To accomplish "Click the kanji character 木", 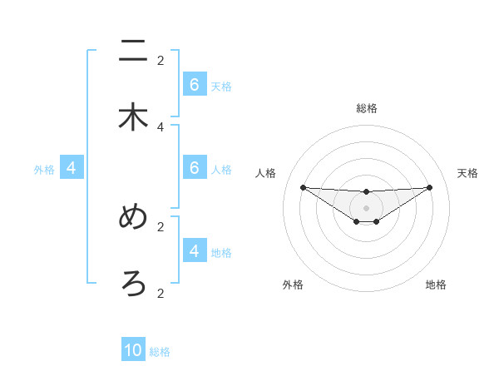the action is pyautogui.click(x=133, y=117).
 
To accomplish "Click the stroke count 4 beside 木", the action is pyautogui.click(x=161, y=126).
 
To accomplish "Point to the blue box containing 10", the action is pyautogui.click(x=133, y=350).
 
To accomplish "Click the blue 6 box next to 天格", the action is pyautogui.click(x=195, y=85).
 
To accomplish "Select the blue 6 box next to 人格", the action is pyautogui.click(x=195, y=168).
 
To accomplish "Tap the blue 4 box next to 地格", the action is pyautogui.click(x=195, y=250).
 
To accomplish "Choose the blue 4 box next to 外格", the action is pyautogui.click(x=72, y=168).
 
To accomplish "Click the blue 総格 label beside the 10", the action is pyautogui.click(x=160, y=352).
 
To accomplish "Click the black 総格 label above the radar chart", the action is pyautogui.click(x=367, y=108).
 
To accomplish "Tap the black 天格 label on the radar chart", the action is pyautogui.click(x=468, y=173).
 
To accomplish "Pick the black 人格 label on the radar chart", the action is pyautogui.click(x=265, y=173).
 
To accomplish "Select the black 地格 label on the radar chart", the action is pyautogui.click(x=436, y=285).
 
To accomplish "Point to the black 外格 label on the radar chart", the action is pyautogui.click(x=293, y=285).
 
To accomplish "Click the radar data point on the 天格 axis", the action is pyautogui.click(x=429, y=187).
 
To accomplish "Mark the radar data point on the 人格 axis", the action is pyautogui.click(x=303, y=187).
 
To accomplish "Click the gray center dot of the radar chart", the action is pyautogui.click(x=366, y=207).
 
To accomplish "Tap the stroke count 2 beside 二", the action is pyautogui.click(x=161, y=60).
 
